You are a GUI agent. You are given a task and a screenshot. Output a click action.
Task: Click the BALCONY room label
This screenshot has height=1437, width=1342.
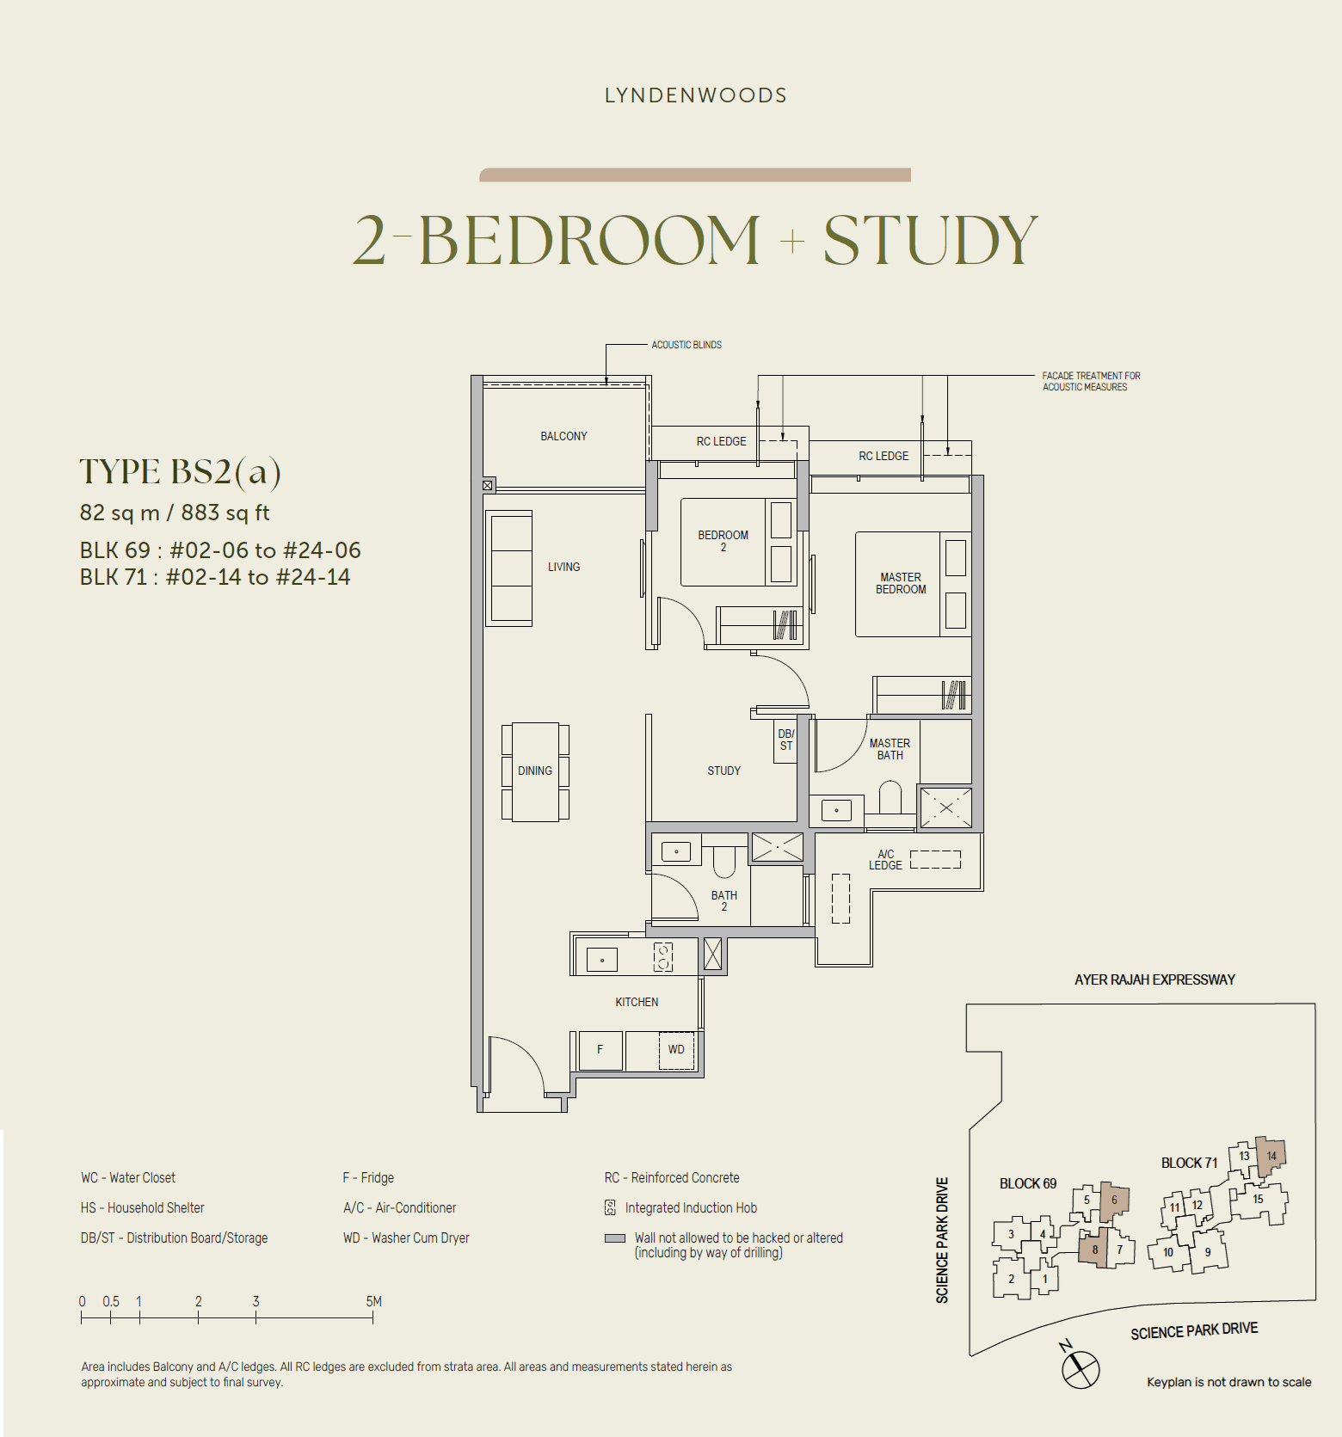563,436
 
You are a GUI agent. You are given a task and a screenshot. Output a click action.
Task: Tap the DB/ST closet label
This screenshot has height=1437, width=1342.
785,740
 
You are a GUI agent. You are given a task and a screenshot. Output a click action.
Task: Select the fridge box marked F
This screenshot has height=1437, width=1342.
600,1050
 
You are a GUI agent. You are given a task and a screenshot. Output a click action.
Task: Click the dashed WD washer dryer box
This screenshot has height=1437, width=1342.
676,1050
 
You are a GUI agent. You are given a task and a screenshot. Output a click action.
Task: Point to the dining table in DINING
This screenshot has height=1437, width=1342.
535,771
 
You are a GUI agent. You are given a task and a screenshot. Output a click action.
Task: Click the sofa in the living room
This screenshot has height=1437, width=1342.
509,568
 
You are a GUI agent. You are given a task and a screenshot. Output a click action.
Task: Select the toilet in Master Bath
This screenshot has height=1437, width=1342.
890,797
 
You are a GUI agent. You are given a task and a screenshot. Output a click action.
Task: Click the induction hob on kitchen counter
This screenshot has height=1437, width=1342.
662,957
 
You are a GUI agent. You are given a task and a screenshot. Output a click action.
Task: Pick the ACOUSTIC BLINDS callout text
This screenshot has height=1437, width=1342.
686,345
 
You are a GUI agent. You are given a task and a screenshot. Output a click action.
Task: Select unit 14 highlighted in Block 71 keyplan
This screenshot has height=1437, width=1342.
1271,1156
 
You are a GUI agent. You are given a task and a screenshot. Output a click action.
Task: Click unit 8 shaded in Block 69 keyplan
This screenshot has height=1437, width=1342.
1094,1249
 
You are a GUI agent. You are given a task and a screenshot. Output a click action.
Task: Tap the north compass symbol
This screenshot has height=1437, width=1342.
1080,1368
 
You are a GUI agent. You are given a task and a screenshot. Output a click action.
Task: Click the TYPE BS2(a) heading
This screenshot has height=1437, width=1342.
181,472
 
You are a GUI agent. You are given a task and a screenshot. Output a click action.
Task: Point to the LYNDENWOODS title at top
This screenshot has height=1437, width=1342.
695,95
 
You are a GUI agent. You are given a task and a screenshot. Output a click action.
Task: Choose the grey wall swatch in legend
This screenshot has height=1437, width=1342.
614,1238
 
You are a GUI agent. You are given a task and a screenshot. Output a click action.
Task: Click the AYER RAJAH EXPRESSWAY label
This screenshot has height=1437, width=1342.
1154,979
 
